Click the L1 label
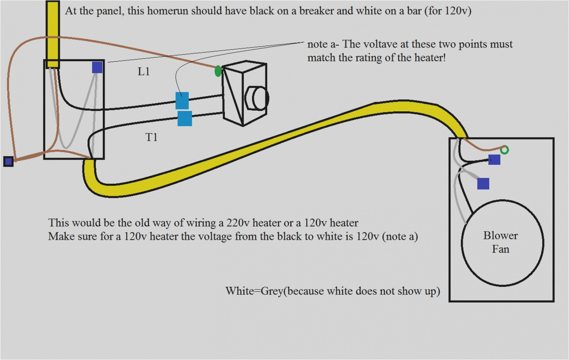pyautogui.click(x=144, y=71)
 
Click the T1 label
pyautogui.click(x=151, y=137)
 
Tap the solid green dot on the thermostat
pyautogui.click(x=218, y=71)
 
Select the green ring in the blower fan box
pyautogui.click(x=504, y=150)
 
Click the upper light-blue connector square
pyautogui.click(x=182, y=100)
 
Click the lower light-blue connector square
pyautogui.click(x=185, y=119)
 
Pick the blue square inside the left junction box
pyautogui.click(x=97, y=67)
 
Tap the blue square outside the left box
pyautogui.click(x=9, y=161)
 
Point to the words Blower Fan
pyautogui.click(x=500, y=242)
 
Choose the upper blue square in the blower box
pyautogui.click(x=494, y=160)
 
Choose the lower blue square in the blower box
pyautogui.click(x=483, y=183)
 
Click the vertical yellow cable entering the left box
pyautogui.click(x=53, y=33)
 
